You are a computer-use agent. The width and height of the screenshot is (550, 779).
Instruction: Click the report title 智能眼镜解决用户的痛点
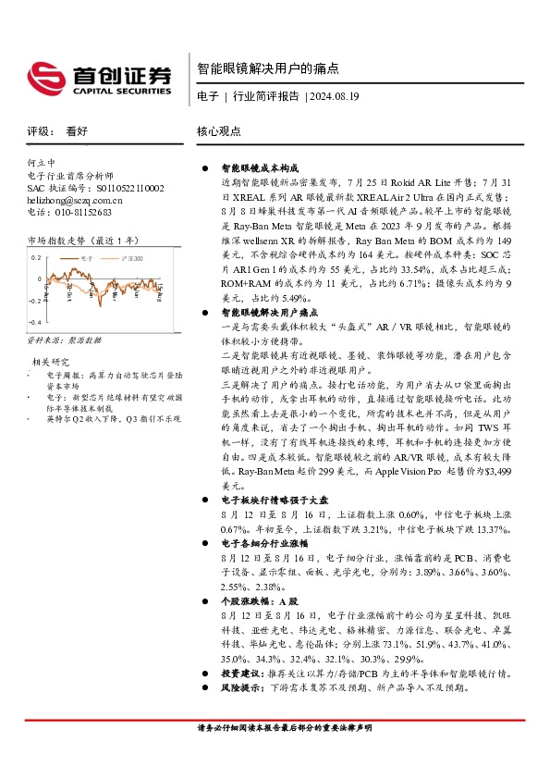(x=268, y=68)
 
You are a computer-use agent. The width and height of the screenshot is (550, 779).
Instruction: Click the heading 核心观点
(x=219, y=131)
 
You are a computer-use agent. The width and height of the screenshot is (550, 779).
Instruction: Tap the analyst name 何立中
(x=42, y=162)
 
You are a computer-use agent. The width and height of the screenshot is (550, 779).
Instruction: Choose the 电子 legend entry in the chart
(x=88, y=258)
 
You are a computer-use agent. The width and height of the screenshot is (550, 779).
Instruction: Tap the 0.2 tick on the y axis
(x=37, y=258)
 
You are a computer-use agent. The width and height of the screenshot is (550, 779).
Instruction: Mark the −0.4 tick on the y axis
(x=34, y=321)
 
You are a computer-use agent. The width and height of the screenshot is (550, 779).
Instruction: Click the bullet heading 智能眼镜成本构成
(x=260, y=170)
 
